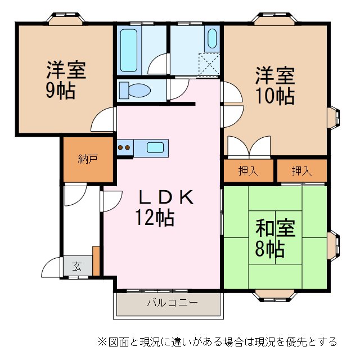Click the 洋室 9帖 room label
point(65,80)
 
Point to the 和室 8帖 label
point(275,238)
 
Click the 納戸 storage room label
point(88,159)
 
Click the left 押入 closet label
point(248,171)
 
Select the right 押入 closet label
point(301,171)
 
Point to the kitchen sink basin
point(156,148)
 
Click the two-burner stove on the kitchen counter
point(124,148)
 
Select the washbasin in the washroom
point(212,39)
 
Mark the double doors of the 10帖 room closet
point(249,147)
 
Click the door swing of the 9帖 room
point(105,119)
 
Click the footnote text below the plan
point(217,341)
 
